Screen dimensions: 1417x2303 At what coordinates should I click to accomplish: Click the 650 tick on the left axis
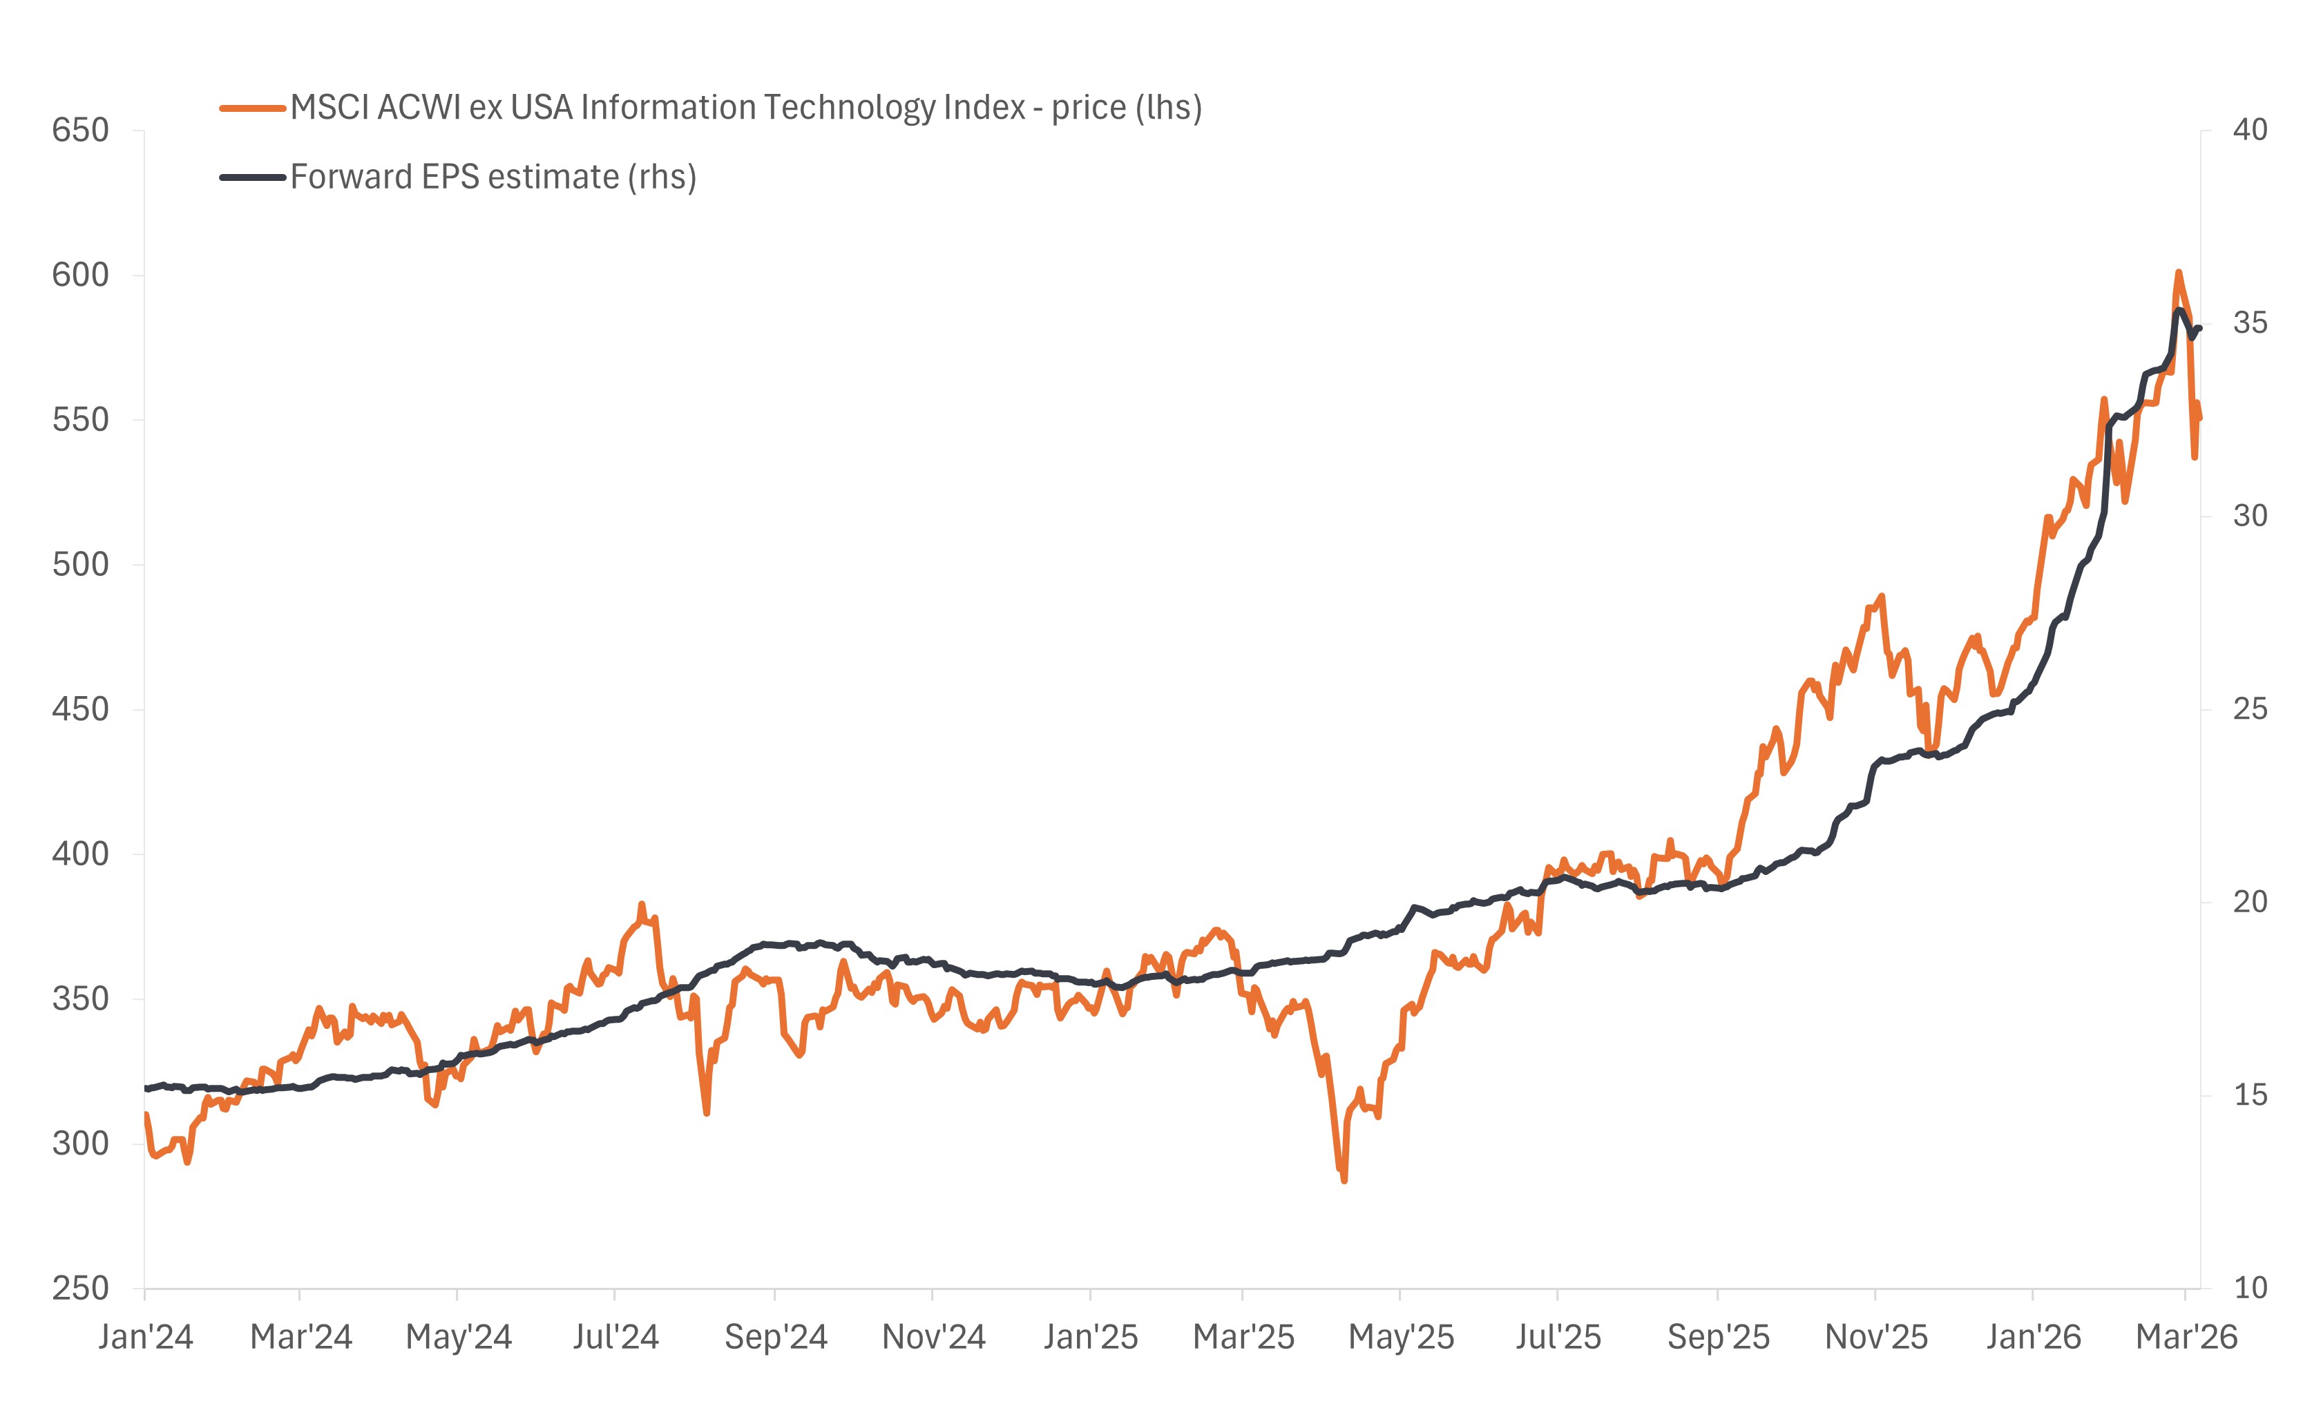click(81, 131)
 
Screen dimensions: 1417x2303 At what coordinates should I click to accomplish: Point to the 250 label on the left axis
click(81, 1288)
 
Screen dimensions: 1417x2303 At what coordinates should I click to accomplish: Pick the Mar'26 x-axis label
click(2186, 1336)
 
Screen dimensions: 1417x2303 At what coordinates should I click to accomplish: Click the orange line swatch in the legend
click(252, 108)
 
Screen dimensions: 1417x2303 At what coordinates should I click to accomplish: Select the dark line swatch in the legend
click(252, 177)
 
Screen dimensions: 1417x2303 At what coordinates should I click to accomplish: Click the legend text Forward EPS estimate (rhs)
click(493, 177)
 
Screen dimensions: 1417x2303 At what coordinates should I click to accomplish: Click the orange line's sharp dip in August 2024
click(706, 1112)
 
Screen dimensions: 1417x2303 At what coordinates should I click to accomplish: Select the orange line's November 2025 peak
click(1881, 596)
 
